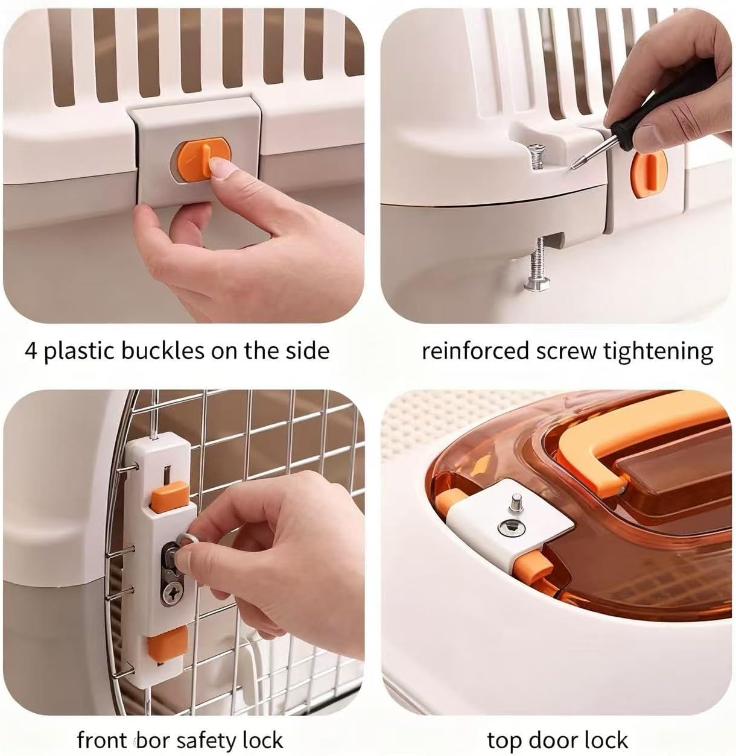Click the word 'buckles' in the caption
pos(161,351)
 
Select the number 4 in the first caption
pos(31,351)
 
